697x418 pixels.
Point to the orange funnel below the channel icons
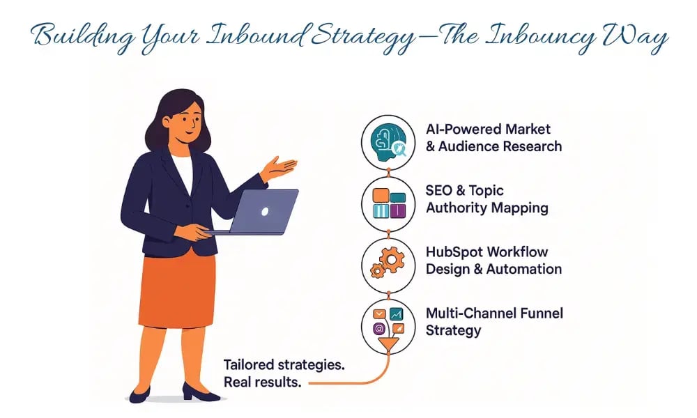tap(388, 346)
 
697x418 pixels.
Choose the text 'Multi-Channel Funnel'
tap(493, 313)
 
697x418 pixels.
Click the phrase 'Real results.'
tap(261, 382)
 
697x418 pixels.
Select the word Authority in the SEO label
tap(457, 208)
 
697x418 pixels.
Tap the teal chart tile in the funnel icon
tap(396, 313)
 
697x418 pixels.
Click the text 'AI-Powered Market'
tap(488, 129)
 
